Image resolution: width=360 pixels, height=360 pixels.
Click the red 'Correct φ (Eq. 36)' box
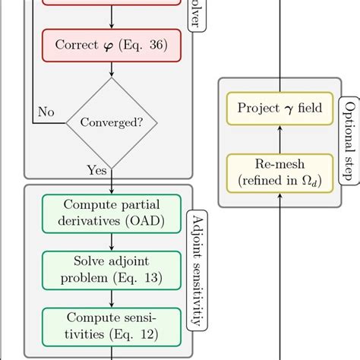click(x=112, y=44)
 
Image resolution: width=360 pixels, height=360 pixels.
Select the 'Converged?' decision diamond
click(x=112, y=122)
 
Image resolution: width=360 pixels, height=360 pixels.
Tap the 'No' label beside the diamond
click(x=46, y=112)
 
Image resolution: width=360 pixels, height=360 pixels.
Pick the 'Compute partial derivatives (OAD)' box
click(x=112, y=213)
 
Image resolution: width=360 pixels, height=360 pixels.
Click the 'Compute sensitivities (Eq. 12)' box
click(x=112, y=324)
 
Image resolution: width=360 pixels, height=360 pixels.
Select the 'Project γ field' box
click(x=279, y=108)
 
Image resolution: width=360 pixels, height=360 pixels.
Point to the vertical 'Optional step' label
click(x=349, y=141)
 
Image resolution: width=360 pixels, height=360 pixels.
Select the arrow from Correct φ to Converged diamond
click(x=112, y=69)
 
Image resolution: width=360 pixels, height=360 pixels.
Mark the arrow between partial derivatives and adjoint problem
click(x=112, y=241)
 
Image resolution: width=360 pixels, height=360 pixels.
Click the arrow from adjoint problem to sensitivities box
click(x=112, y=297)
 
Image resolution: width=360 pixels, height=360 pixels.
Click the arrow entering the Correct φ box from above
click(x=112, y=18)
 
